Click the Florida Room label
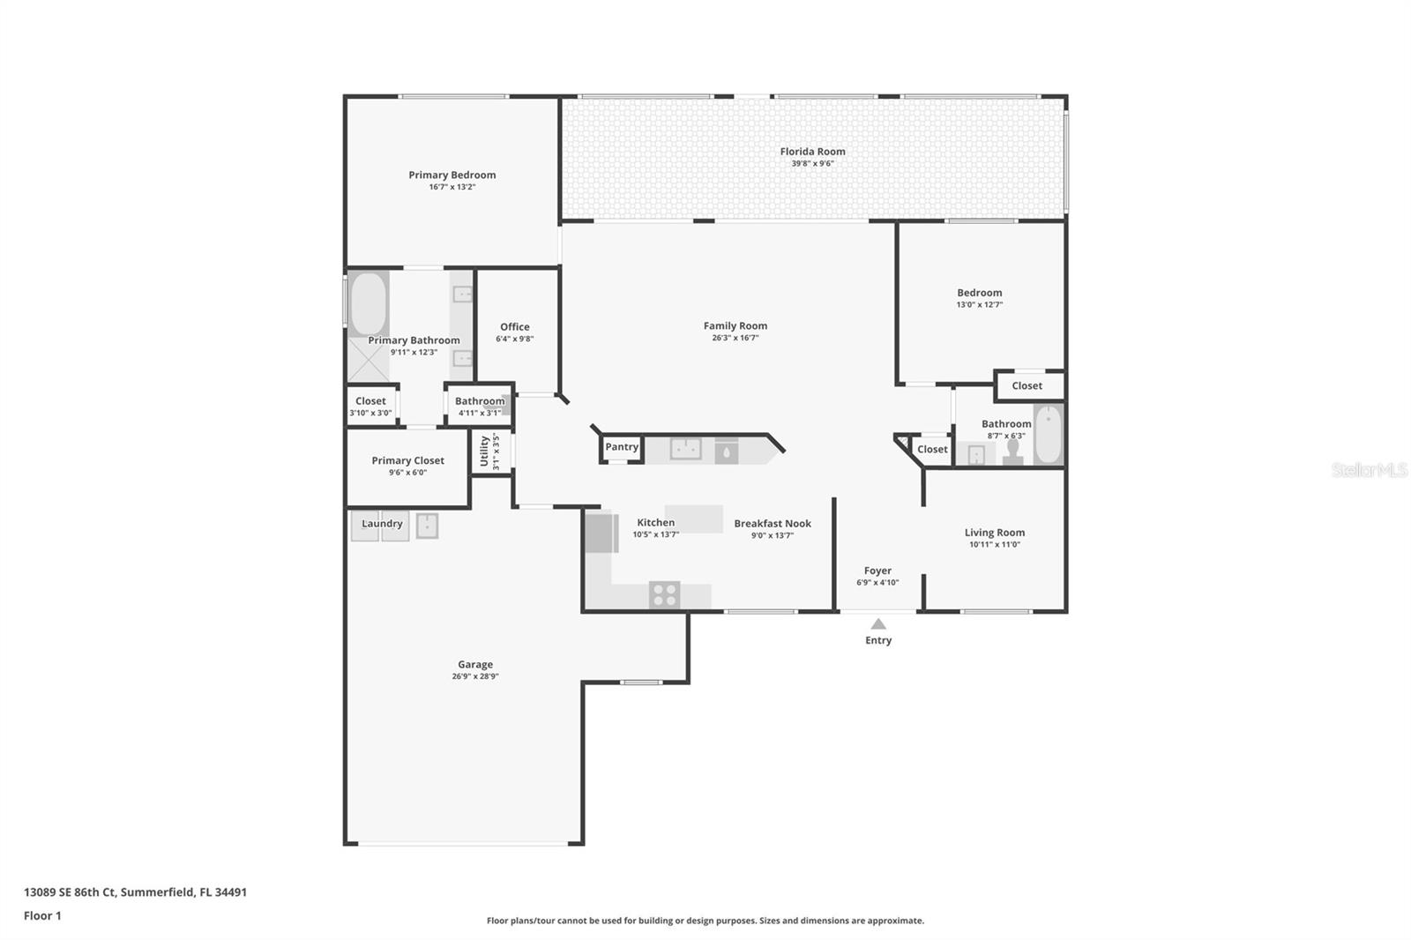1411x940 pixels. pyautogui.click(x=812, y=151)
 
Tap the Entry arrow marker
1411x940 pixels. pyautogui.click(x=878, y=624)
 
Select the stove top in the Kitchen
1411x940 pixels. pyautogui.click(x=665, y=594)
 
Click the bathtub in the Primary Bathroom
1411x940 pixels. pyautogui.click(x=369, y=303)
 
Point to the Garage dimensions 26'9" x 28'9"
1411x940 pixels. pyautogui.click(x=475, y=676)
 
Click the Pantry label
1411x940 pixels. pyautogui.click(x=622, y=447)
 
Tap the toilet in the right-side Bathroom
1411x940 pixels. pyautogui.click(x=1013, y=452)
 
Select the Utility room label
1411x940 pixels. pyautogui.click(x=484, y=451)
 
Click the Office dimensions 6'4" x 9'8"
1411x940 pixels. pyautogui.click(x=515, y=339)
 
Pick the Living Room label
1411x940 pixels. pyautogui.click(x=995, y=533)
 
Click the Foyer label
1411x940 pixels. pyautogui.click(x=877, y=571)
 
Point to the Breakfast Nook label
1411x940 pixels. pyautogui.click(x=773, y=524)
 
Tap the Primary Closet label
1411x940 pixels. pyautogui.click(x=407, y=460)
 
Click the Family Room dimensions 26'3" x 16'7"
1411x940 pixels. pyautogui.click(x=735, y=338)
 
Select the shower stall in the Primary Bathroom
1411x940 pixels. pyautogui.click(x=369, y=359)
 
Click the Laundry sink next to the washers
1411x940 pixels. pyautogui.click(x=428, y=526)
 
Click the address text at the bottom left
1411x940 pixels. pyautogui.click(x=136, y=892)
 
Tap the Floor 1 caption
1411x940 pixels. pyautogui.click(x=42, y=916)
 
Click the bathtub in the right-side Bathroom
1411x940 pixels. pyautogui.click(x=1049, y=434)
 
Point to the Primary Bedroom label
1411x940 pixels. pyautogui.click(x=452, y=175)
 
